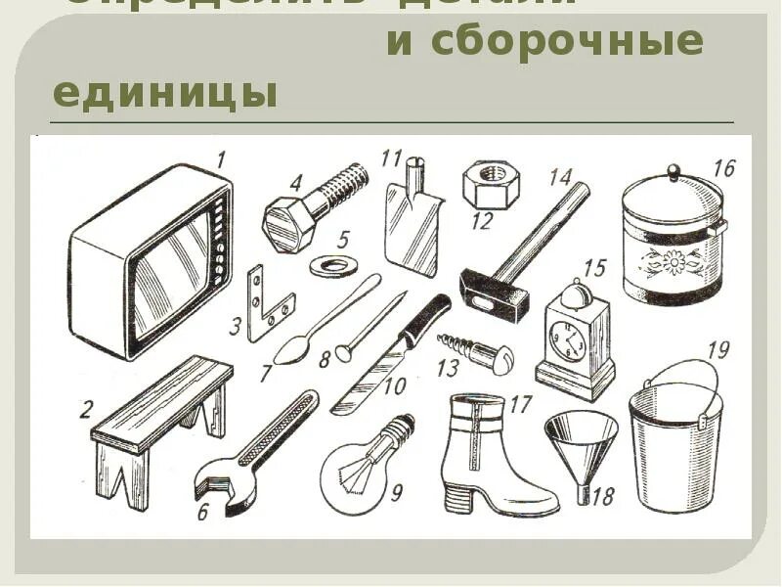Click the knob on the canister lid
tap(672, 172)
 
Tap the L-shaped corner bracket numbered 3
tap(267, 303)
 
